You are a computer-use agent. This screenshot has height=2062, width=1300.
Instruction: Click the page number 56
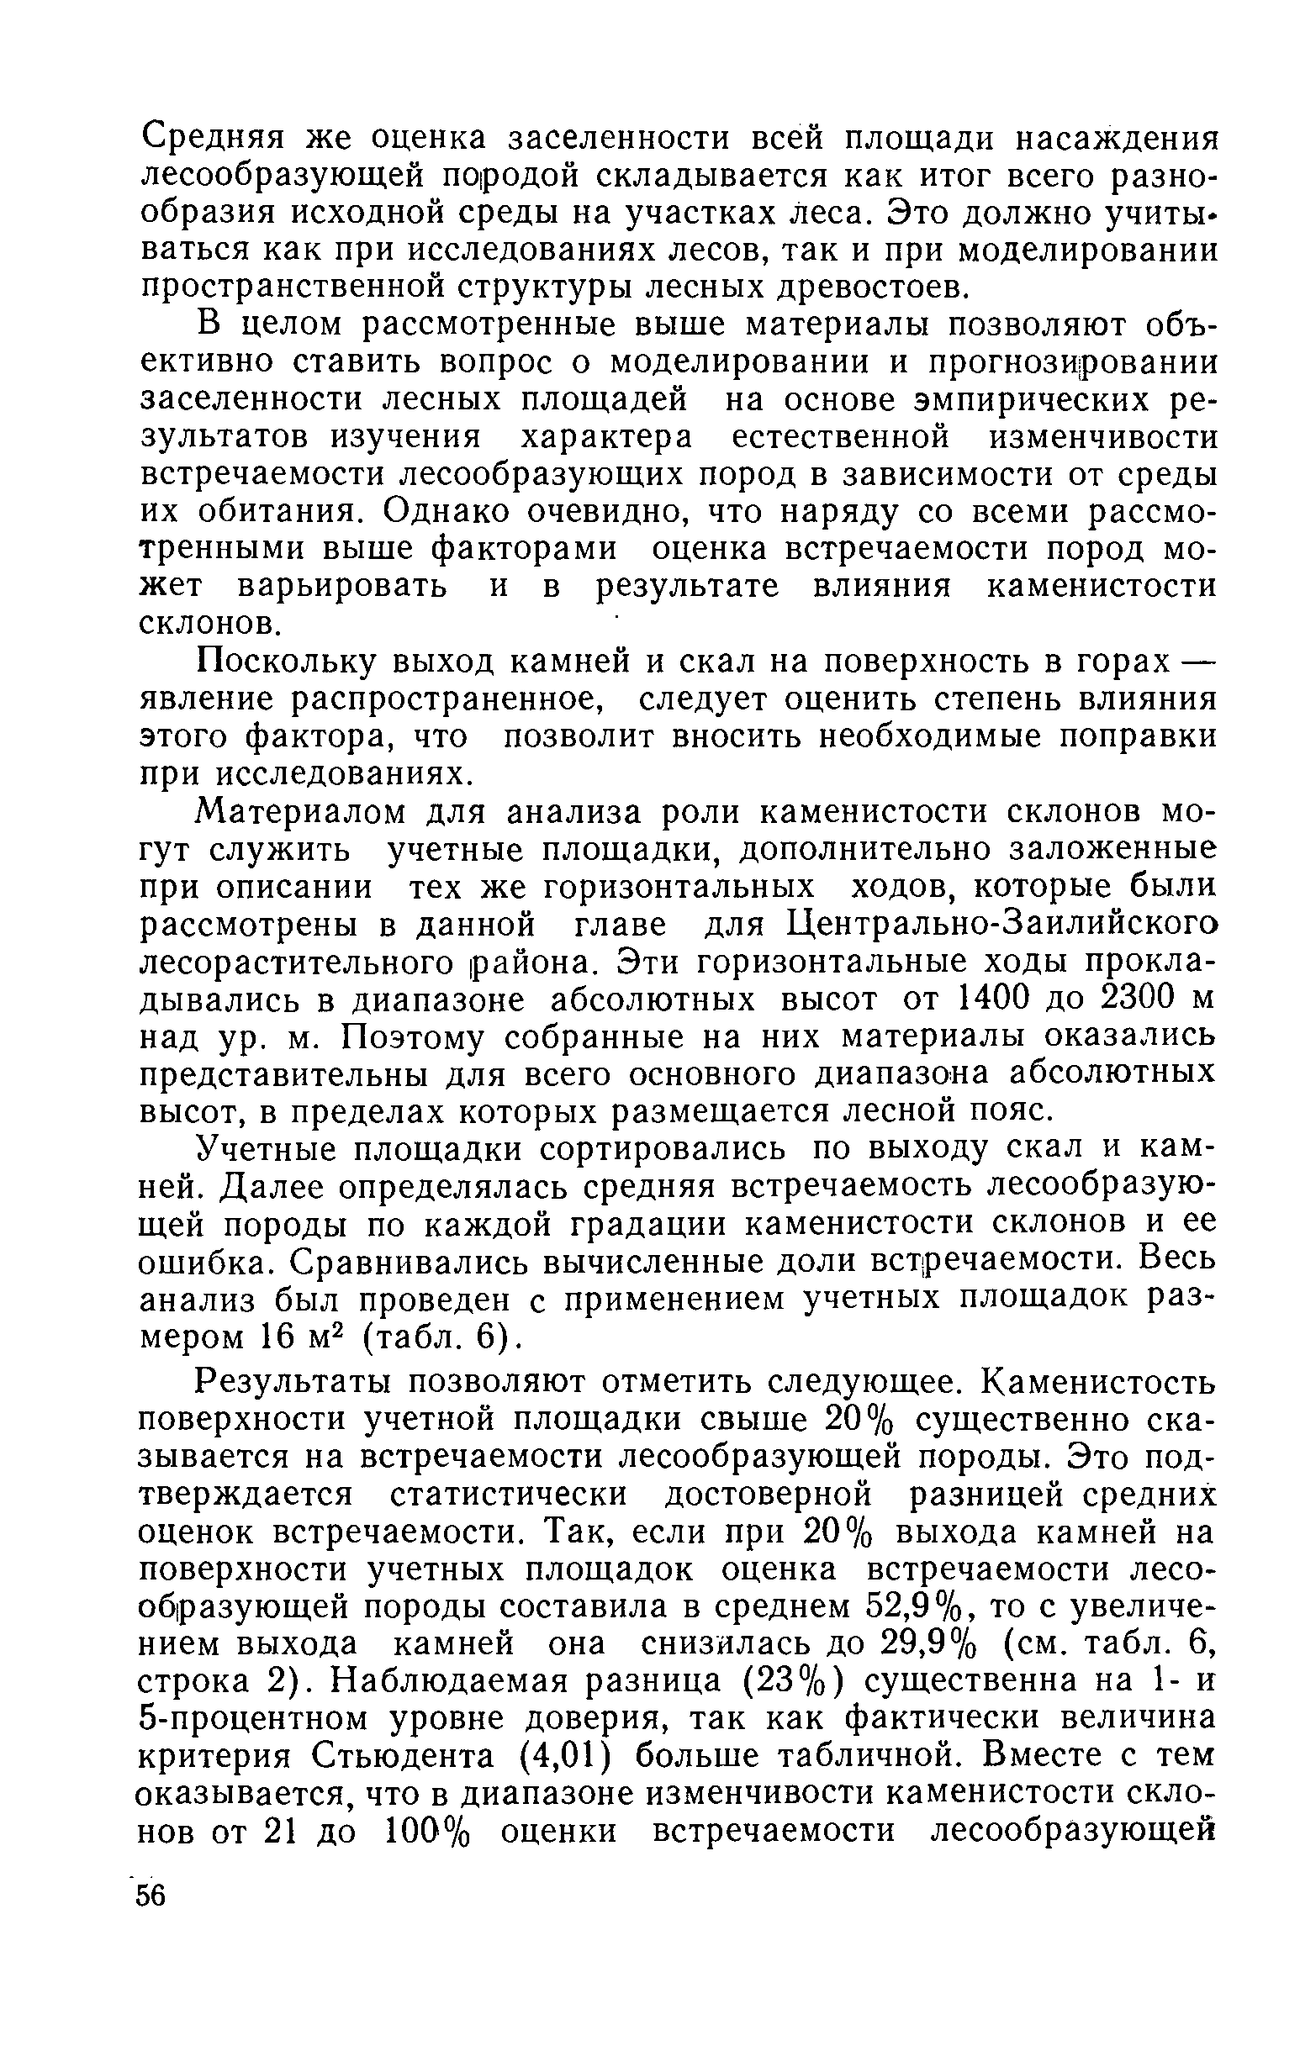click(x=151, y=1895)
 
